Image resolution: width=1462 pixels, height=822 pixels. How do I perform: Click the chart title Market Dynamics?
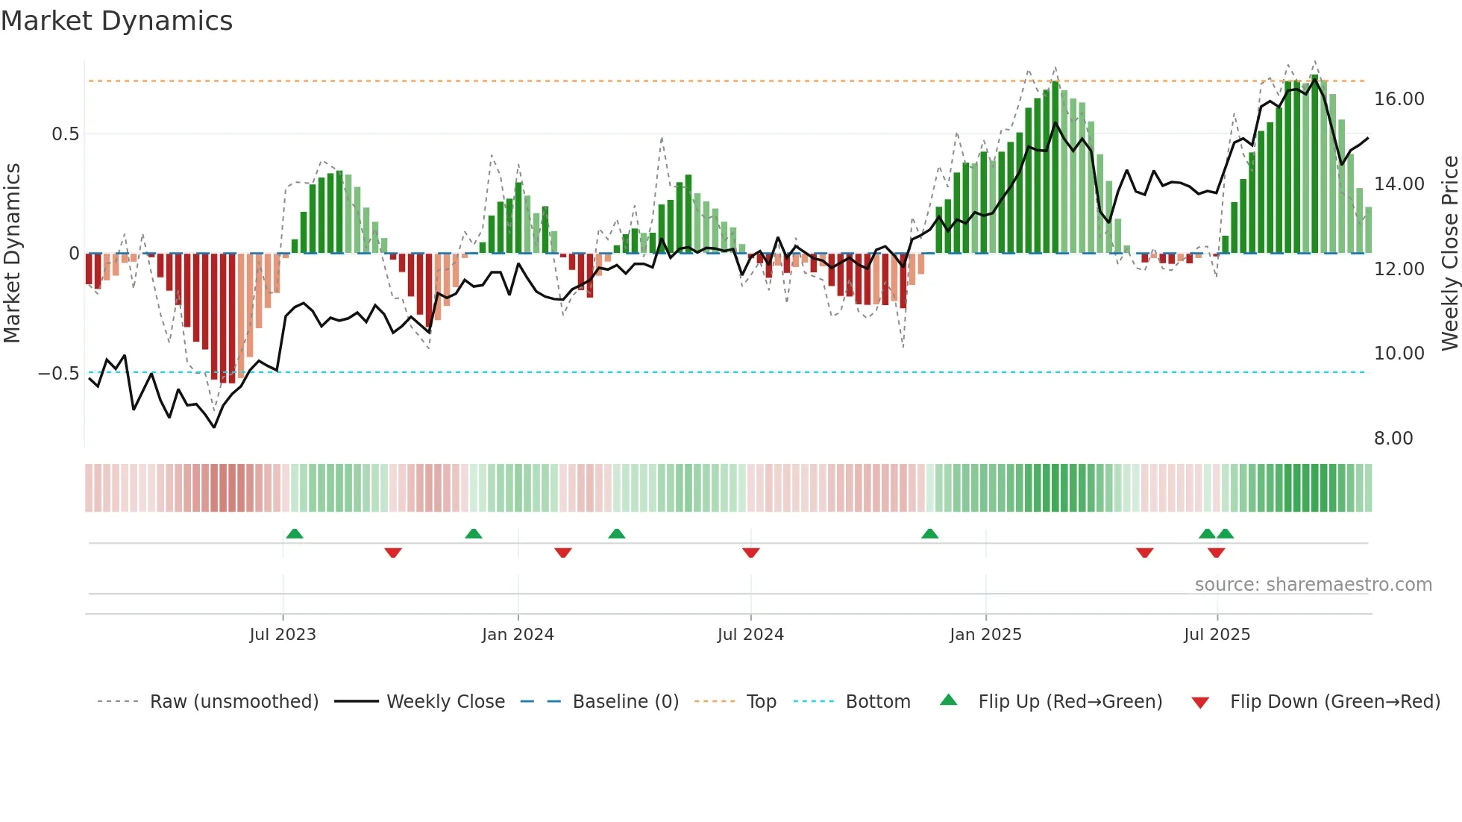116,21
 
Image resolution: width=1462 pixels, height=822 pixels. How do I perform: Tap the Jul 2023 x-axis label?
283,635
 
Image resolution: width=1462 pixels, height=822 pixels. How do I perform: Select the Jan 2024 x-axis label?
518,635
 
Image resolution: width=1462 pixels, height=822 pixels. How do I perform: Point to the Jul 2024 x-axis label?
750,635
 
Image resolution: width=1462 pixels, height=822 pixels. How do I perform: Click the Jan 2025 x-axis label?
985,635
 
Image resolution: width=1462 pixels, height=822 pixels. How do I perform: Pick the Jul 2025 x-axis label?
1217,635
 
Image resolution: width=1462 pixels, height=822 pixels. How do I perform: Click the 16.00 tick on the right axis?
1399,99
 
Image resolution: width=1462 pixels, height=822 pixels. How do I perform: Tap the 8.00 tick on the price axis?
1393,439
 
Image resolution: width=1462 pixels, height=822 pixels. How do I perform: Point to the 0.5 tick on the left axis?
65,134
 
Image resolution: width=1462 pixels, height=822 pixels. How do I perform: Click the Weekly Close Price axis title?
1449,254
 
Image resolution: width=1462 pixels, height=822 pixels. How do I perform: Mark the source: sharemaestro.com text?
1313,585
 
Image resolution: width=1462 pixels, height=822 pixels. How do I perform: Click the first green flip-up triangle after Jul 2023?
295,534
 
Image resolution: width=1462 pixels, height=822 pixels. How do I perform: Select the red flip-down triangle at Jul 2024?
751,552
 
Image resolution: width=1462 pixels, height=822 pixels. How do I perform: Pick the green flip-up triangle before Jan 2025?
929,534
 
